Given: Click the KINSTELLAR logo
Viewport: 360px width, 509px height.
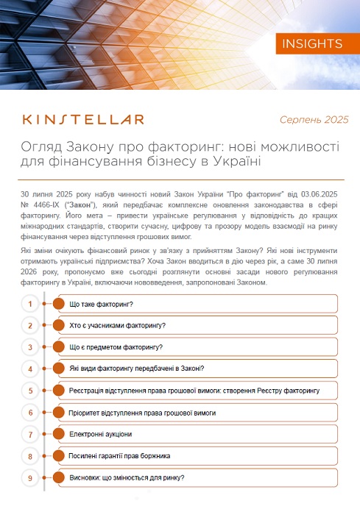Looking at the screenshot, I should click(83, 119).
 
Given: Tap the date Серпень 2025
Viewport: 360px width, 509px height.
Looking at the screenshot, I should click(314, 120).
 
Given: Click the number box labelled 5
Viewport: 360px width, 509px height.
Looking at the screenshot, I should click(30, 391).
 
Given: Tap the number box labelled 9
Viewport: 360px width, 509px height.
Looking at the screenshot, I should click(30, 478).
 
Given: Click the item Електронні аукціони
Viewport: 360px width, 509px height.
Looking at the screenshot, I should click(101, 435).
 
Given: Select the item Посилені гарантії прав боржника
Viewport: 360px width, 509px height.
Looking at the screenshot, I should click(119, 456).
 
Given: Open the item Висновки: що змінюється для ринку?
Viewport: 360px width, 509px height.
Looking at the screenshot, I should click(127, 478).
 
